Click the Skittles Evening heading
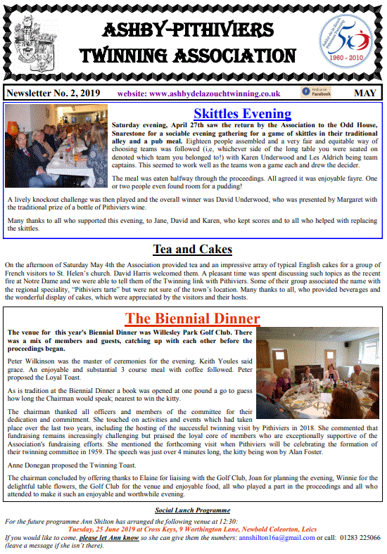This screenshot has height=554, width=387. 242,113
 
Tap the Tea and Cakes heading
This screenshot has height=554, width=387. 193,250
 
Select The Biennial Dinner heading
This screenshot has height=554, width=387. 192,318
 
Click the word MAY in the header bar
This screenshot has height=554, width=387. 364,93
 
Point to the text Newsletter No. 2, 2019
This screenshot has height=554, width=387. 53,94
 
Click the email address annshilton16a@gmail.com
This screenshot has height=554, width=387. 279,538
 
